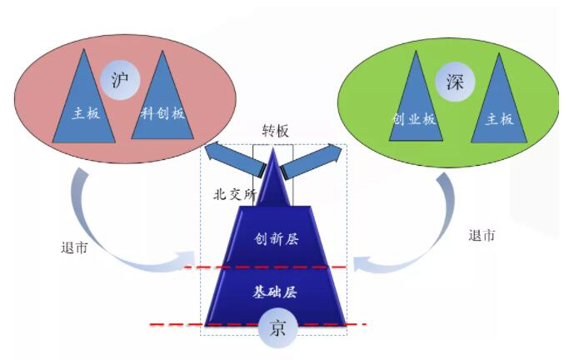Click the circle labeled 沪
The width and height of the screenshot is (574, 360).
120,80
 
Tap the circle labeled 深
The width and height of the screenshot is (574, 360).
455,82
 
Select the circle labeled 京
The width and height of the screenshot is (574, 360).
278,327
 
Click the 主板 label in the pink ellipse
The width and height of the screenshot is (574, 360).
86,113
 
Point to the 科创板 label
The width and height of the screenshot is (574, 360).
162,113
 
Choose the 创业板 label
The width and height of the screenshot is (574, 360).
414,119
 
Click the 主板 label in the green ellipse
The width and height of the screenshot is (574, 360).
499,119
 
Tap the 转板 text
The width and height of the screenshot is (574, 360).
275,131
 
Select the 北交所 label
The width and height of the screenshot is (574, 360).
235,194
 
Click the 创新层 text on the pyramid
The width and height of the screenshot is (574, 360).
277,239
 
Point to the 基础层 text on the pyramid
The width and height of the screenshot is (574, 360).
275,292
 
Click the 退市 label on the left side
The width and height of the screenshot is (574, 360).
75,248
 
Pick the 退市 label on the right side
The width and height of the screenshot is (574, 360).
482,235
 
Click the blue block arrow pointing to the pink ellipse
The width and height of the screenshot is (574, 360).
234,158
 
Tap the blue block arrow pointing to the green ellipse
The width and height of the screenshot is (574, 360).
312,160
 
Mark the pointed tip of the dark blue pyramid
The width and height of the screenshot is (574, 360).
273,149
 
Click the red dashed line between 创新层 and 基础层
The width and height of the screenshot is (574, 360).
265,267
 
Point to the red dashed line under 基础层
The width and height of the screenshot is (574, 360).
258,324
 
